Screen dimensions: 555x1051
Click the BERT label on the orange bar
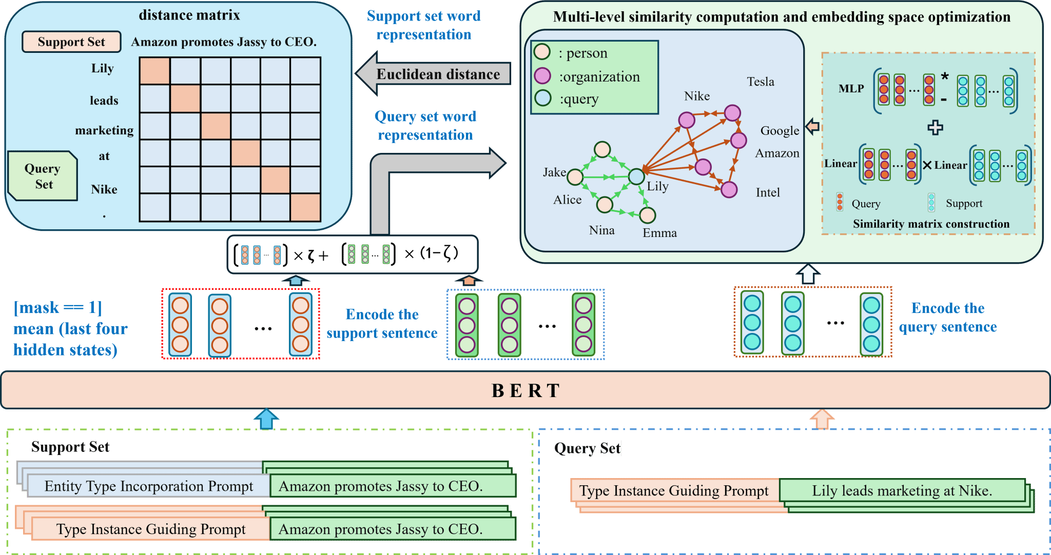pyautogui.click(x=525, y=391)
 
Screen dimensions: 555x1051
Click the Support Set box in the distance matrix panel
pyautogui.click(x=71, y=42)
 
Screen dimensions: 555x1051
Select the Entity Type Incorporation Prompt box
pyautogui.click(x=148, y=486)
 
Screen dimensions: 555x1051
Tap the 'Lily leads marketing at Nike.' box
pyautogui.click(x=902, y=490)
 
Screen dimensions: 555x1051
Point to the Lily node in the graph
pyautogui.click(x=636, y=176)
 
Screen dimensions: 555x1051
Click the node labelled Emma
pyautogui.click(x=648, y=215)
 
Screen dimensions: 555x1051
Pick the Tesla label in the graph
pyautogui.click(x=761, y=82)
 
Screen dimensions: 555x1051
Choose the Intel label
pyautogui.click(x=768, y=192)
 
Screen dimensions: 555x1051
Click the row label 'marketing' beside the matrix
pyautogui.click(x=104, y=130)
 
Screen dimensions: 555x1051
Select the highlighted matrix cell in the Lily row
pyautogui.click(x=155, y=71)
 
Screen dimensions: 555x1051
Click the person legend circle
pyautogui.click(x=542, y=52)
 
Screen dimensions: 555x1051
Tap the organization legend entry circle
pyautogui.click(x=542, y=76)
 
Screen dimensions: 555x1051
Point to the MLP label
pyautogui.click(x=851, y=88)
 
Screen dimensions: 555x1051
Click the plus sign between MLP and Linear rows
pyautogui.click(x=935, y=127)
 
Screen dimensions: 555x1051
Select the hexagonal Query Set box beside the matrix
pyautogui.click(x=43, y=176)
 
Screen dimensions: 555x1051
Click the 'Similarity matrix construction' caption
pyautogui.click(x=931, y=224)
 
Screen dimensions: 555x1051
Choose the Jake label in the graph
pyautogui.click(x=554, y=172)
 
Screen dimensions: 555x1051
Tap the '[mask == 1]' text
pyautogui.click(x=57, y=307)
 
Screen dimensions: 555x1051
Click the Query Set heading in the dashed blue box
pyautogui.click(x=587, y=448)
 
